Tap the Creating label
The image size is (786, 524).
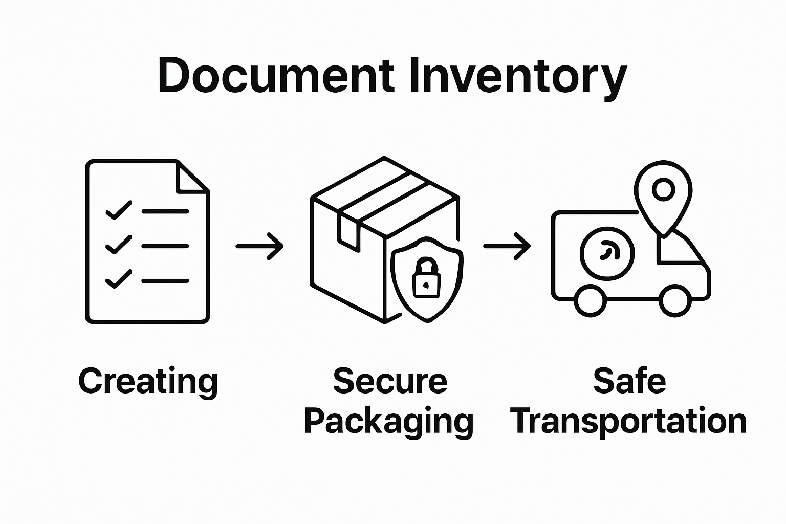pyautogui.click(x=148, y=381)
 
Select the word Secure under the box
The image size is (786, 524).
pyautogui.click(x=390, y=381)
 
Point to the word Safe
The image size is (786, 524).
pyautogui.click(x=629, y=381)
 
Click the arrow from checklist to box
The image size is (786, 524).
pyautogui.click(x=259, y=246)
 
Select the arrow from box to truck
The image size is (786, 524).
pyautogui.click(x=507, y=246)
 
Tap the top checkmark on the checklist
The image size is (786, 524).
pyautogui.click(x=118, y=210)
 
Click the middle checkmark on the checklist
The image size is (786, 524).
pyautogui.click(x=118, y=245)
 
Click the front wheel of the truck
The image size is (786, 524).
pyautogui.click(x=674, y=301)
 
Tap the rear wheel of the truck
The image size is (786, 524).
pyautogui.click(x=590, y=301)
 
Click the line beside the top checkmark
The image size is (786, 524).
pyautogui.click(x=165, y=211)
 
